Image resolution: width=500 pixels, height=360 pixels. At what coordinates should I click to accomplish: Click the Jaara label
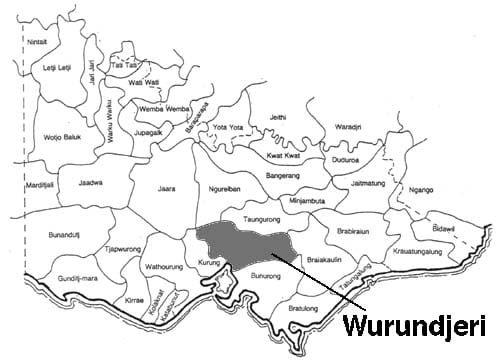(x=166, y=188)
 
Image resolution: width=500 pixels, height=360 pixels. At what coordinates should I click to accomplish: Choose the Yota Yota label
(x=232, y=128)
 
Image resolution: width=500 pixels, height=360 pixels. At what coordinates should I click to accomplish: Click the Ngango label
(x=426, y=188)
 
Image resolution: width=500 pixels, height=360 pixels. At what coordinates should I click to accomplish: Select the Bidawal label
(x=445, y=229)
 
